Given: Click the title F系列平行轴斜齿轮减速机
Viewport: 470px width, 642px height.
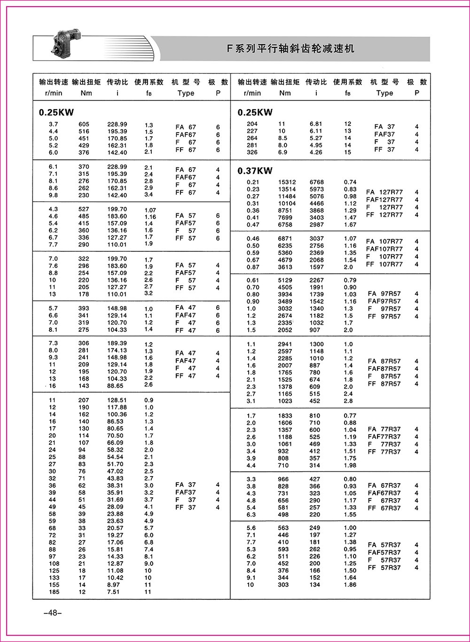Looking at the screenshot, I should click(x=290, y=49).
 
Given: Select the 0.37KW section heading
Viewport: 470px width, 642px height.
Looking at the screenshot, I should click(x=255, y=171).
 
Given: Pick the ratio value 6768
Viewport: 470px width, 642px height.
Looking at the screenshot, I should click(x=316, y=182).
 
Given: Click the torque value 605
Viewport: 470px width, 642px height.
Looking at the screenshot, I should click(x=84, y=124).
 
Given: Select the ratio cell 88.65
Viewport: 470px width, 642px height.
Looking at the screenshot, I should click(x=115, y=386).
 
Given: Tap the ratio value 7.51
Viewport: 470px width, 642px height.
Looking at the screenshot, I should click(x=113, y=592).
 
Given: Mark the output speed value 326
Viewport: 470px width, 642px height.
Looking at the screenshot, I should click(x=252, y=152).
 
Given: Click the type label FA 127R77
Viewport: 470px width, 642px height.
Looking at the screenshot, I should click(x=384, y=192).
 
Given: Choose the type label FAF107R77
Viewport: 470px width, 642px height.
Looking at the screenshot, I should click(x=384, y=249).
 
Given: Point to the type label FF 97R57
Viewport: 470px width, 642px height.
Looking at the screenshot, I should click(x=384, y=316).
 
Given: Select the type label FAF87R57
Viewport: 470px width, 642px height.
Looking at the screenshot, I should click(x=384, y=369).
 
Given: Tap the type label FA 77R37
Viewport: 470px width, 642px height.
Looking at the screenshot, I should click(x=384, y=429).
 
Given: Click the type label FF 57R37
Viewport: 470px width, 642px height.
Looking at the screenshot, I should click(x=384, y=568).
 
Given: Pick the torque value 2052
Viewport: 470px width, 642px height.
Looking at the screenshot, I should click(x=285, y=330).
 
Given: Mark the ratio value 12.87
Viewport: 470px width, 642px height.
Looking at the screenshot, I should click(x=115, y=564).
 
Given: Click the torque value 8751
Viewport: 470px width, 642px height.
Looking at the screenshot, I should click(x=285, y=211).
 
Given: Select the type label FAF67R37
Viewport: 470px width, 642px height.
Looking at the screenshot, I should click(x=384, y=493).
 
